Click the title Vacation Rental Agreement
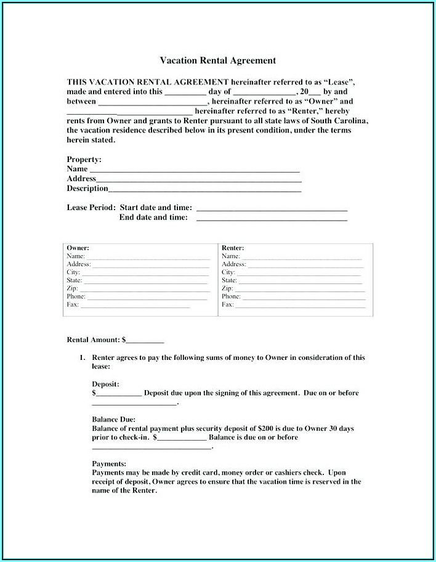point(218,60)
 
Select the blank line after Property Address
point(199,179)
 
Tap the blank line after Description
point(204,189)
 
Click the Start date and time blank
point(271,209)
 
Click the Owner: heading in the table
point(78,248)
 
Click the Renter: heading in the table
point(233,248)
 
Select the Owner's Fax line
point(135,305)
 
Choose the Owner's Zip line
point(145,288)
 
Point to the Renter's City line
point(299,272)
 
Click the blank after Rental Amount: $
point(145,340)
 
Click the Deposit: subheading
point(105,383)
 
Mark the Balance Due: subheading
point(113,419)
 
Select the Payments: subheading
point(109,463)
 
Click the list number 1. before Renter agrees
point(81,357)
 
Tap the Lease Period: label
point(91,208)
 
